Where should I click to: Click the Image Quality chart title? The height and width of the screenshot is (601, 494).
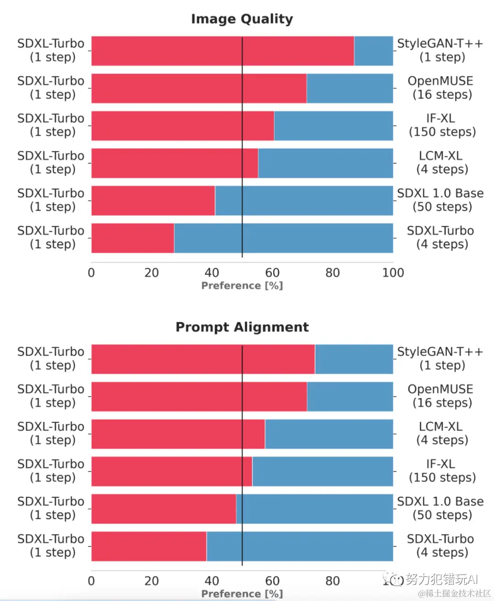coord(242,19)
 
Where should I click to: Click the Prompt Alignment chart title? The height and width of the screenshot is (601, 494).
coord(242,327)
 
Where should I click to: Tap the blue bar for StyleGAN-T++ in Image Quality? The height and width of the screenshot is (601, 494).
coord(373,51)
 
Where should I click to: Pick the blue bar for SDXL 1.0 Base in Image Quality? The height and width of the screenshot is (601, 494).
coord(304,201)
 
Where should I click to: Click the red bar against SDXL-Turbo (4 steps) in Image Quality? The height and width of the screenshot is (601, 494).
coord(133,238)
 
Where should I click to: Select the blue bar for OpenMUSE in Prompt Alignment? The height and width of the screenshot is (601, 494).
coord(350,397)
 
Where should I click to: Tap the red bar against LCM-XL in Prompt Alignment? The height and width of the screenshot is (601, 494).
coord(178,434)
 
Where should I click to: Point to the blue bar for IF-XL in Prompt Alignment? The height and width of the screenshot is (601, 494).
coord(322,471)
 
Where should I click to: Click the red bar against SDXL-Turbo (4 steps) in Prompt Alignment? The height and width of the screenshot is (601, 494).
coord(149,546)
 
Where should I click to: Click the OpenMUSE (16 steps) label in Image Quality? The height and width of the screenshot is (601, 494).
coord(441,88)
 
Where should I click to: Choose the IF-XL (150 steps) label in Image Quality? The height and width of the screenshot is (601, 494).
coord(442,126)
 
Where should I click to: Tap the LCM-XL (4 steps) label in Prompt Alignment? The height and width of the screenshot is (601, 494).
coord(442,433)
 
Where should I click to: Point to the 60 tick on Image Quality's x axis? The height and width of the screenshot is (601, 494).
coord(272,273)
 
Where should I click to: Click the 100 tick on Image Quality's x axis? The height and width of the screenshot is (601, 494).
coord(393,273)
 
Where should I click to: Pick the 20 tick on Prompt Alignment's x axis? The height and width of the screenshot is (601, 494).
coord(151,581)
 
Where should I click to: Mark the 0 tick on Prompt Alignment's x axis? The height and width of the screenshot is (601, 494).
coord(91,581)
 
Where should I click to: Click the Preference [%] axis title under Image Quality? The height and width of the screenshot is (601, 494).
coord(242,286)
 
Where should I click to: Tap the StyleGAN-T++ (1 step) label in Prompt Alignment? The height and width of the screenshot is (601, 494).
coord(440,359)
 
